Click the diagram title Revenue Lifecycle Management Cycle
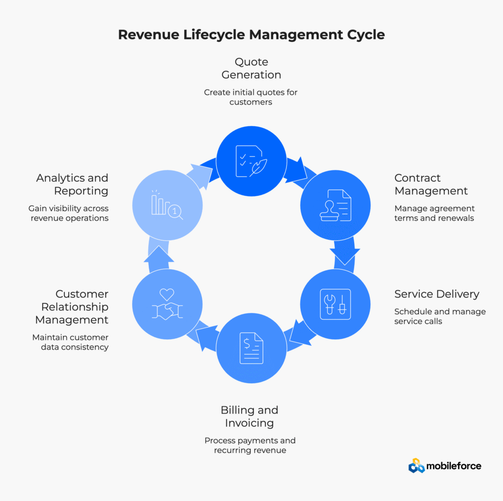[x=251, y=35]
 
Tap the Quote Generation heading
[x=251, y=68]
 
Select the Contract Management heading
[x=431, y=184]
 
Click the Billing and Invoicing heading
[x=249, y=416]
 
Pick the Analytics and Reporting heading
[x=72, y=184]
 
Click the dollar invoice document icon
[x=251, y=348]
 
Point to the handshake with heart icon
[x=167, y=305]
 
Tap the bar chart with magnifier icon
[x=167, y=204]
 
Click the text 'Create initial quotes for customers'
[x=251, y=97]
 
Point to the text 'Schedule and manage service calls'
[x=440, y=316]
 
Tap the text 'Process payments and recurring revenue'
[x=250, y=445]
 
